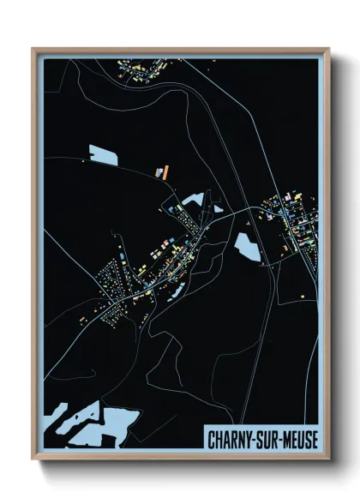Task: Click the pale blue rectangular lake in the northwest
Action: tap(104, 155)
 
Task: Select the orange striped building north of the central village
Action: tap(160, 171)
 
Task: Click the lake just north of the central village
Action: tap(192, 201)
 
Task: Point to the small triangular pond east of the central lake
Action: tap(219, 207)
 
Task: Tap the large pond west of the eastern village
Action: tap(246, 246)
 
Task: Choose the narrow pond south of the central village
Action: tap(176, 291)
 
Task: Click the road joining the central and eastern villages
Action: tap(240, 211)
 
